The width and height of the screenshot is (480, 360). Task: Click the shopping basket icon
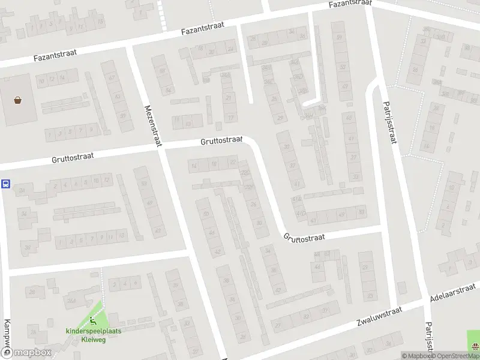click(x=18, y=100)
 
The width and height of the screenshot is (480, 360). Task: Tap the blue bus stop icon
click(x=5, y=184)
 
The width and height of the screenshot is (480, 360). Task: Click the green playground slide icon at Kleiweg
click(x=92, y=320)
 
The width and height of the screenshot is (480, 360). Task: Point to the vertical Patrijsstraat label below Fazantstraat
click(x=389, y=123)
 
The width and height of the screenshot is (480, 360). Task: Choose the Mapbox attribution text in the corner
click(x=413, y=356)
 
